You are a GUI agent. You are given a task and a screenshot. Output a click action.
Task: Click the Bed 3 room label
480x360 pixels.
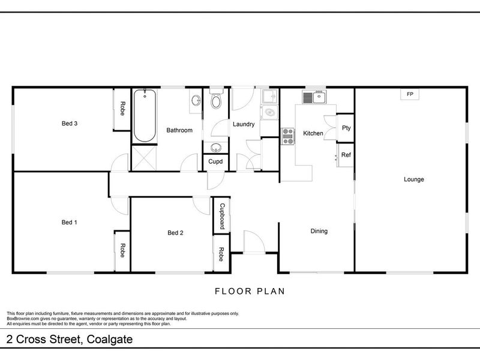coord(70,124)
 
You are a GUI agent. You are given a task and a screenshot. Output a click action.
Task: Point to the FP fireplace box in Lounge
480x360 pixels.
coord(410,95)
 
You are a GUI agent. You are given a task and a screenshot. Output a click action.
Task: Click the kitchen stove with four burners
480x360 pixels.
coord(288,137)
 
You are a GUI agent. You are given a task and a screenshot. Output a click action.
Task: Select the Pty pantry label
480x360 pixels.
coord(346,128)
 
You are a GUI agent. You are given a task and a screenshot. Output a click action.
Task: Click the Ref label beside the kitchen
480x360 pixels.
coord(346,155)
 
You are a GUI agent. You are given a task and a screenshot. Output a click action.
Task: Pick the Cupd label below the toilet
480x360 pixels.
coord(215,161)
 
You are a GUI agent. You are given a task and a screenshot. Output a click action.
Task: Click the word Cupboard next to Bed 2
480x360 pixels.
coord(222,216)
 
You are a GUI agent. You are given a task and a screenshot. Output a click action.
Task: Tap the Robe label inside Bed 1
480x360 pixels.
coord(122,251)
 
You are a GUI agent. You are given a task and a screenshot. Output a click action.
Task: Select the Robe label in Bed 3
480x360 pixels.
coord(122,109)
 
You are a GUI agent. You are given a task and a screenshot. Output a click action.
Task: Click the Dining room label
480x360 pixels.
coord(319,231)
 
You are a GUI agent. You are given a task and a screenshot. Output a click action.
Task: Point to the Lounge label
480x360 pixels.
coord(414,179)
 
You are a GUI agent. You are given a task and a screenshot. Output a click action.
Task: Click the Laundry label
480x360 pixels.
coord(244,125)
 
